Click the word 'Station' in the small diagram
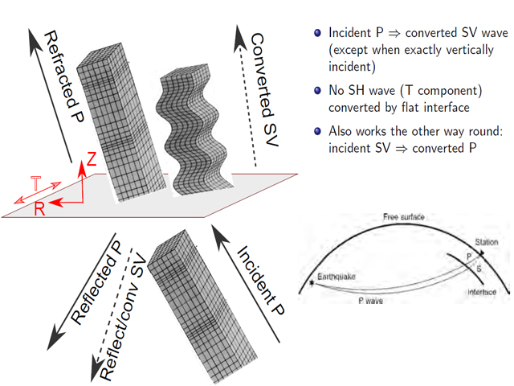click(x=487, y=240)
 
